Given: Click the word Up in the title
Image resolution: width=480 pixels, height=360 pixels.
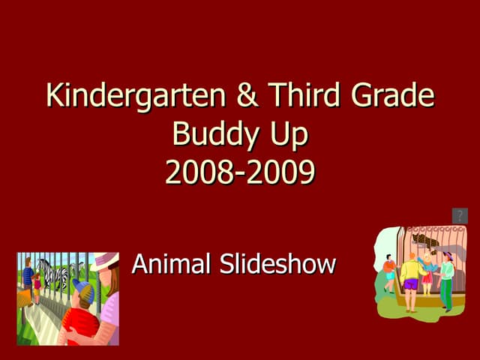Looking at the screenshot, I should point(286,136).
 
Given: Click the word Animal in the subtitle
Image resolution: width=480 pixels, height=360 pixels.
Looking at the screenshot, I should point(171,264).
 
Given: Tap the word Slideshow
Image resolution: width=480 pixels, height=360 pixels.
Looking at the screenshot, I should point(277,264).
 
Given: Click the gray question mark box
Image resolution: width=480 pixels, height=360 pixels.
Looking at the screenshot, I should point(460,216).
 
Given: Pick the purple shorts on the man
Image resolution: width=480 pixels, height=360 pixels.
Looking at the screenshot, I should point(411,283).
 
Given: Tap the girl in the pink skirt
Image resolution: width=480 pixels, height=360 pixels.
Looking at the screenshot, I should point(427,277).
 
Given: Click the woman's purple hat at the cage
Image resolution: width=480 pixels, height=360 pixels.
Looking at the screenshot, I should point(447,255).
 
